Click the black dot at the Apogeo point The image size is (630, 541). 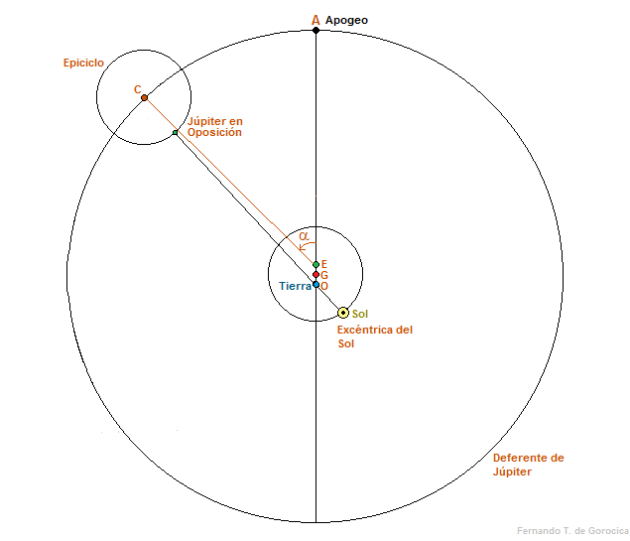point(315,30)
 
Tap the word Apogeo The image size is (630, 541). point(346,20)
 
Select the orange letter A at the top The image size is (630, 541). point(315,19)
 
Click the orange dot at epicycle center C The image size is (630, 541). point(144,97)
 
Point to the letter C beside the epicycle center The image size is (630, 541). point(138,89)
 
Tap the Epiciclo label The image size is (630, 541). point(83,63)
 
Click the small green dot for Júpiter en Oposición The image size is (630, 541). point(175,132)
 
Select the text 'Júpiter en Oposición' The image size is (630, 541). point(215,127)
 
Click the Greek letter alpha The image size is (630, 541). point(305,236)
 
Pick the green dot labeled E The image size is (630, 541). point(315,264)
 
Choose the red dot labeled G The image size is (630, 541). point(315,274)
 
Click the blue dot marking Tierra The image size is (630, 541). point(315,285)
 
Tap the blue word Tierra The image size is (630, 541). point(295,286)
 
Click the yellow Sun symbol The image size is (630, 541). point(343,313)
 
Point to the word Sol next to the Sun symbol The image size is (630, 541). point(360,314)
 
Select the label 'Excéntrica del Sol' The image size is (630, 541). point(374,337)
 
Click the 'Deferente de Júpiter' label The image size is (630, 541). point(528,465)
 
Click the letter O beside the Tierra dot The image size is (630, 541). point(324,286)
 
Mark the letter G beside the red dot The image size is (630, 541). point(324,275)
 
